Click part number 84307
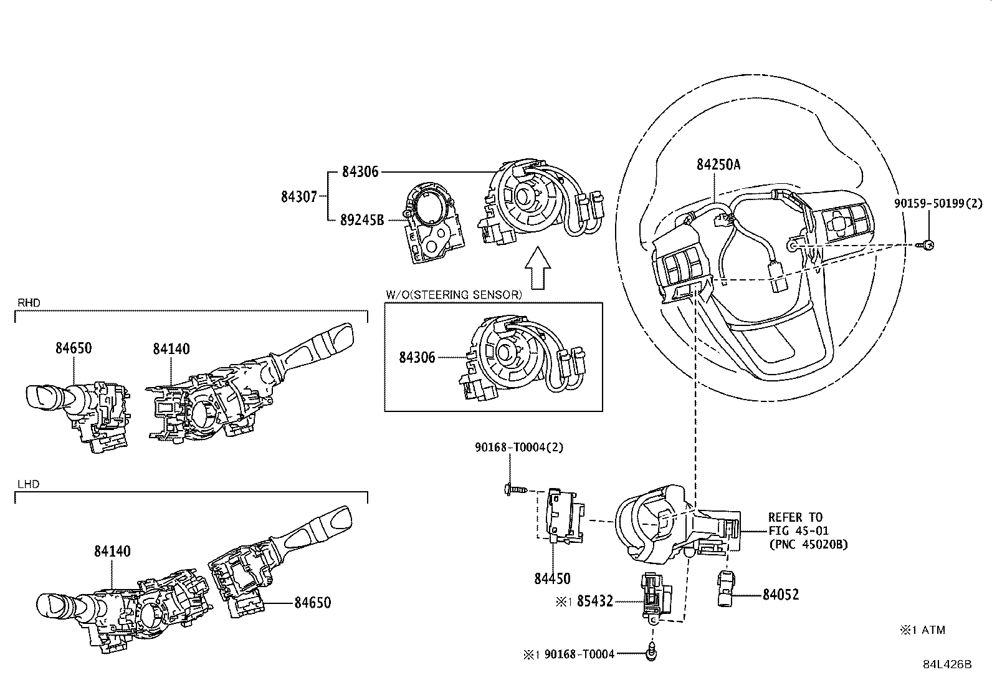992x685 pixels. [x=299, y=196]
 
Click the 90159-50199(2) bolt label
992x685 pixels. [x=938, y=203]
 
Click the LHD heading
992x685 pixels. [x=27, y=484]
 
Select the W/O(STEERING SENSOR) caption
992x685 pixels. [x=454, y=295]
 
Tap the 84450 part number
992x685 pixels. [x=551, y=578]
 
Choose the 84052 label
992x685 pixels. [x=780, y=595]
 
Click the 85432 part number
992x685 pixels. [x=594, y=601]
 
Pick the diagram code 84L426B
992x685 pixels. [x=947, y=664]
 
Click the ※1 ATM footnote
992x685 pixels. [x=922, y=630]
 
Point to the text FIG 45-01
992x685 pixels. [x=795, y=530]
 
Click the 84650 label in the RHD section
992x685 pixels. [x=73, y=348]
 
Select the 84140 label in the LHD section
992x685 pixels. [x=112, y=551]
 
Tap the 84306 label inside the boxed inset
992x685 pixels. [x=417, y=357]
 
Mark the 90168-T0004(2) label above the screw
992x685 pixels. [x=518, y=448]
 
